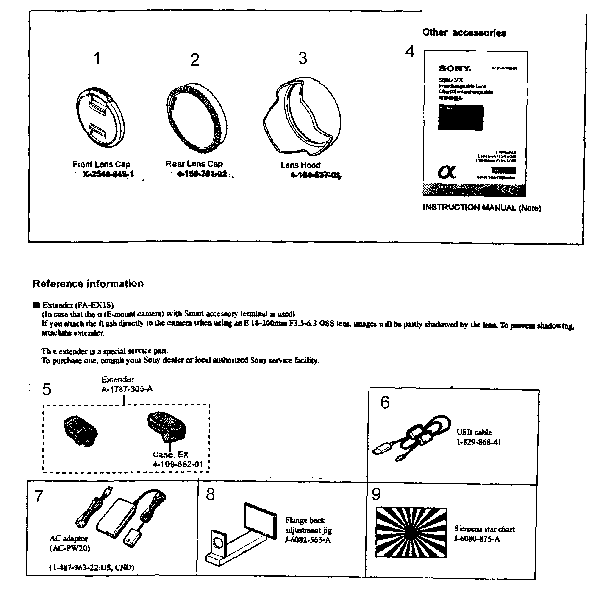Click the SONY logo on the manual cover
[x=455, y=68]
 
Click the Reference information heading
[x=88, y=283]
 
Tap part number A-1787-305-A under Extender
[x=127, y=389]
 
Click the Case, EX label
[x=171, y=455]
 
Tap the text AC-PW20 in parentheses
[x=70, y=548]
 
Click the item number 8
[x=211, y=495]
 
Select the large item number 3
[x=303, y=58]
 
